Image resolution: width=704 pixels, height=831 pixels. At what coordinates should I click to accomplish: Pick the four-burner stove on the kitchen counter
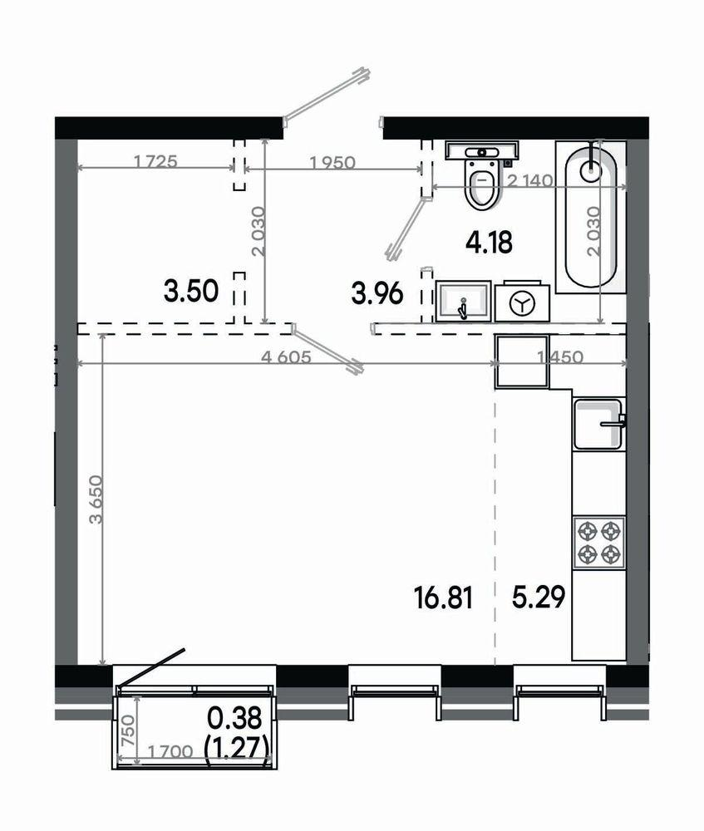(598, 542)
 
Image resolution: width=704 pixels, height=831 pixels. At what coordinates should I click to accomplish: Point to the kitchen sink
(598, 424)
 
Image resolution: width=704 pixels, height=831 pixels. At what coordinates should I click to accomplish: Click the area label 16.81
(443, 597)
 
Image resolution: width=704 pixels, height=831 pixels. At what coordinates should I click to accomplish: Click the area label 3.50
(191, 292)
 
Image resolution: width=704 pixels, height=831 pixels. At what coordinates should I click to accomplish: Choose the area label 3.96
(377, 293)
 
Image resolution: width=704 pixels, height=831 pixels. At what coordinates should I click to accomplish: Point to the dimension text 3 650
(96, 500)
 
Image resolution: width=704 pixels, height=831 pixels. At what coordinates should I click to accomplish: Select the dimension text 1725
(155, 163)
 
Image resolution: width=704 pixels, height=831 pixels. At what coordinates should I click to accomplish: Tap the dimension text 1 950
(332, 164)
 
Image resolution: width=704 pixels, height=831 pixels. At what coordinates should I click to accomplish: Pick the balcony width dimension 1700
(170, 752)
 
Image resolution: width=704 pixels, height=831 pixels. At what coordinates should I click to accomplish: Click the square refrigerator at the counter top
(522, 361)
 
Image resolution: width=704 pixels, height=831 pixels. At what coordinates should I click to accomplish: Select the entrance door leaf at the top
(325, 93)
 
